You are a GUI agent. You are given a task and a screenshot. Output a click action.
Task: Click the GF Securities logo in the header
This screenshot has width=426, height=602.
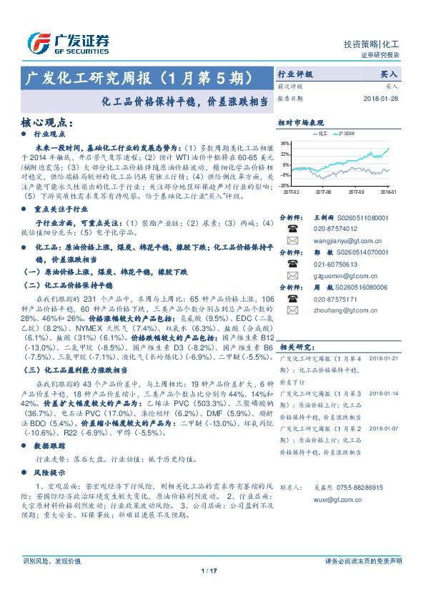(x=69, y=44)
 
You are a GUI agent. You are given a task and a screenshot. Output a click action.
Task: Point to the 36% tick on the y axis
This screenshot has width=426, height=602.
(x=284, y=143)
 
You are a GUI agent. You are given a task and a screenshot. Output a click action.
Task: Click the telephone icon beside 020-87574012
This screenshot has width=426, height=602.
(x=292, y=229)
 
